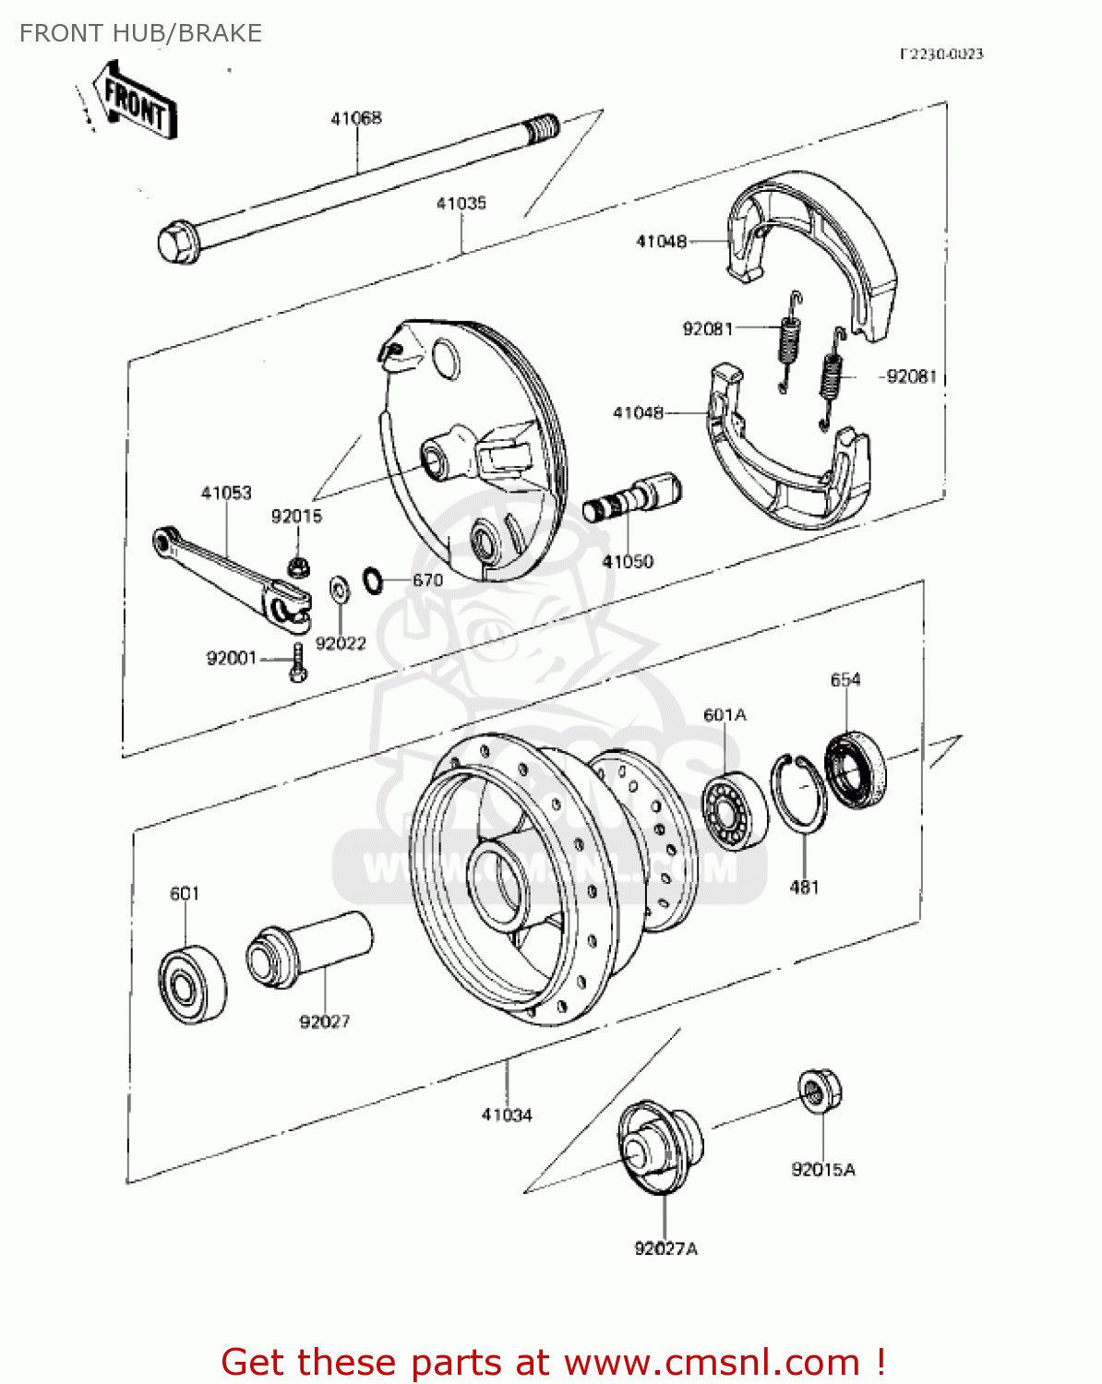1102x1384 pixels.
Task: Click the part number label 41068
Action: click(356, 118)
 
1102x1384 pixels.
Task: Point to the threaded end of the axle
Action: click(542, 126)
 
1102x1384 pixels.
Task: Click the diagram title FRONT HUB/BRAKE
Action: click(141, 33)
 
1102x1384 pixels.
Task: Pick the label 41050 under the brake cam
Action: click(628, 561)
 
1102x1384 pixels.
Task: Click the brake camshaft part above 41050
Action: click(633, 498)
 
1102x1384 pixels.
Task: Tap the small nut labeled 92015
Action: click(297, 566)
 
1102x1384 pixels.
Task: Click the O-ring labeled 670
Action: click(373, 580)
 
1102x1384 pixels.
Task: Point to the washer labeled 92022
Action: click(339, 589)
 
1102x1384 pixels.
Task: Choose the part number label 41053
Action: click(226, 493)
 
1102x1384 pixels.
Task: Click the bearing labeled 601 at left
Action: click(192, 983)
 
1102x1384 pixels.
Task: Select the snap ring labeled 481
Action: click(799, 793)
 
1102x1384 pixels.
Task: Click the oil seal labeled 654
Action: click(855, 770)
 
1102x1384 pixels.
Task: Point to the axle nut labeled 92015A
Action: click(819, 1092)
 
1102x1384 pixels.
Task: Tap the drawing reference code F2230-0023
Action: click(941, 54)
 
